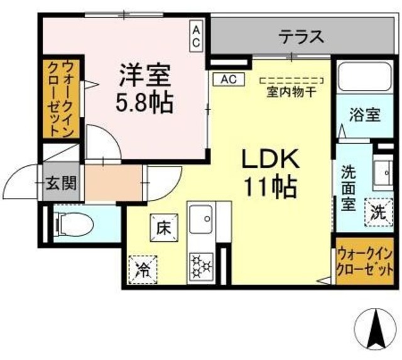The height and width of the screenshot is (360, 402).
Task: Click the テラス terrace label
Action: tap(301, 36)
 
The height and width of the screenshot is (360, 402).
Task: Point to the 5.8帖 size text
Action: tap(144, 102)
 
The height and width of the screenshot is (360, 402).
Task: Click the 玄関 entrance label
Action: tap(62, 183)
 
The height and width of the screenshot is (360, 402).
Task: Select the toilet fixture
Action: tap(74, 222)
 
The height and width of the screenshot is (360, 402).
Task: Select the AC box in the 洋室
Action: tap(196, 36)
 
